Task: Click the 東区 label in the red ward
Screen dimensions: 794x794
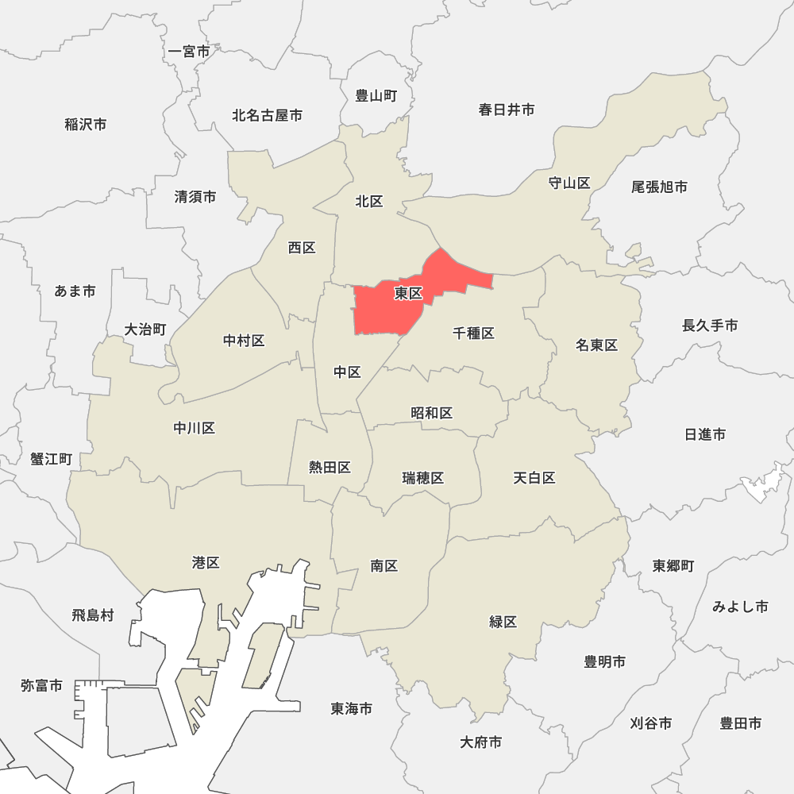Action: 408,294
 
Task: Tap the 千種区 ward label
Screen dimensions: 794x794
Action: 474,333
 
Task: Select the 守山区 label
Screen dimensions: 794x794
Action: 569,183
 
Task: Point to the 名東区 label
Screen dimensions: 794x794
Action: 597,345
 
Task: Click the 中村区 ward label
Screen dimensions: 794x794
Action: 244,341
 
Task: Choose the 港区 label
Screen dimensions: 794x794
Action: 206,563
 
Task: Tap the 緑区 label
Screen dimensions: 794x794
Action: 503,622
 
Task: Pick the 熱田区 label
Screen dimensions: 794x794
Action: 330,467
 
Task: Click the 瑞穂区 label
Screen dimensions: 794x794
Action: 423,478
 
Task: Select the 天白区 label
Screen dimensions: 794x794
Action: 534,478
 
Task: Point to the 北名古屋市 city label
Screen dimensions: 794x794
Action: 267,116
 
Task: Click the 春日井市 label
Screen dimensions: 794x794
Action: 507,110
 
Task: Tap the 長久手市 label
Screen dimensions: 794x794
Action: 710,326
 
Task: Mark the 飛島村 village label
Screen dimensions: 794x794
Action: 93,615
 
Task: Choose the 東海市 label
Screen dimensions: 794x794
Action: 352,708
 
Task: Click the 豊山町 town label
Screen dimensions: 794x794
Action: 376,96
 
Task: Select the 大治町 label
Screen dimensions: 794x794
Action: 145,330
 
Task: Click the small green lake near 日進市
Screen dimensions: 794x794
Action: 763,483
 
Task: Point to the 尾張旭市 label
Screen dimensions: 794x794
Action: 659,187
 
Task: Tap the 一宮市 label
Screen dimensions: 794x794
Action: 190,52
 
